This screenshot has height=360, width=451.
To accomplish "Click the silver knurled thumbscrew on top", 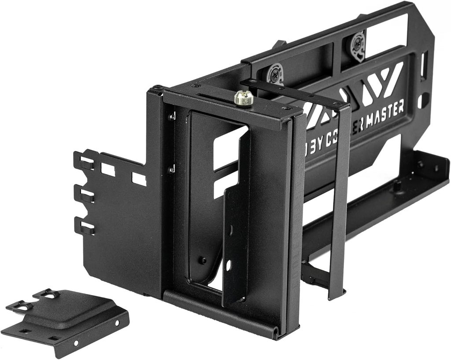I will click(x=244, y=98).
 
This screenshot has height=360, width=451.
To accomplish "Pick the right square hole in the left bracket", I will click(x=139, y=179).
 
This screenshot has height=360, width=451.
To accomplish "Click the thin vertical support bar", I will click(x=339, y=202).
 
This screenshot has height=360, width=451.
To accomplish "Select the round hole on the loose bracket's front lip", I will click(x=77, y=343).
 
